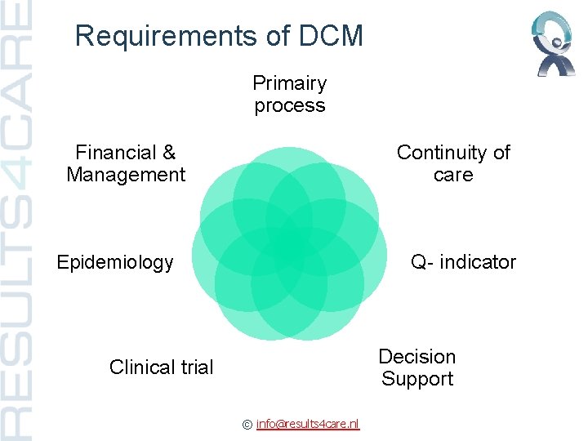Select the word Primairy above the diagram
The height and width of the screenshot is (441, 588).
(x=290, y=83)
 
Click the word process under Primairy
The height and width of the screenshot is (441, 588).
(x=290, y=105)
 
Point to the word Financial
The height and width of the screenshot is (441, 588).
(x=114, y=153)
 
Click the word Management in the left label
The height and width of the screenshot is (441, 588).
(x=126, y=175)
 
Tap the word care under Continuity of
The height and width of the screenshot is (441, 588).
(x=453, y=175)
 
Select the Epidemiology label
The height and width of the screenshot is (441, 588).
(x=115, y=262)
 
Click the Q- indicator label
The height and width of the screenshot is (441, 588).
(x=464, y=262)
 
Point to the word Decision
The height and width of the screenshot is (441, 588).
(x=417, y=357)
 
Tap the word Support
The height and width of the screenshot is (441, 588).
(x=417, y=379)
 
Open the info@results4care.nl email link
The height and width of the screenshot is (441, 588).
(x=308, y=423)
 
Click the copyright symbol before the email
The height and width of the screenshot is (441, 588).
(x=247, y=424)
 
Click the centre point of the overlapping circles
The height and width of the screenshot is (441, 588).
(x=290, y=243)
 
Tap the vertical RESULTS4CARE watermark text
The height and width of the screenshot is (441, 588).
(x=18, y=220)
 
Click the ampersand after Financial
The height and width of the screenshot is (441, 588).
(x=169, y=153)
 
